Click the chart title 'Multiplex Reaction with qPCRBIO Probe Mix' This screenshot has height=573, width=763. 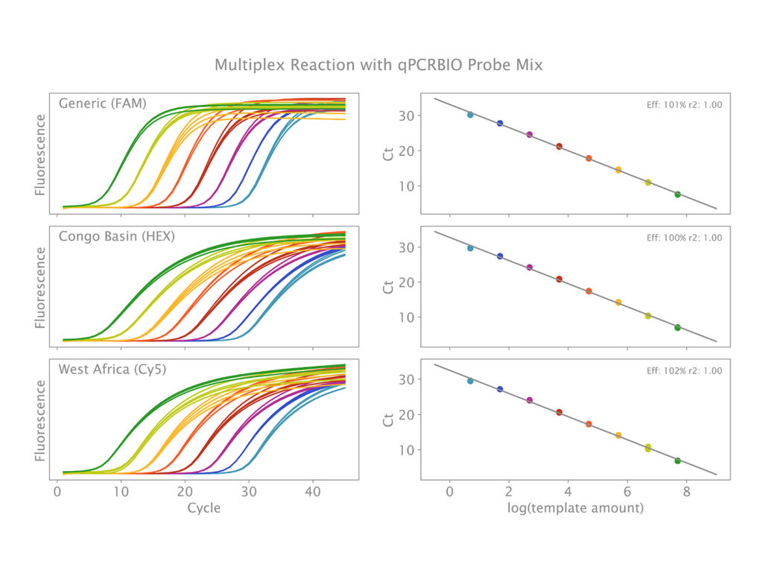click(x=379, y=65)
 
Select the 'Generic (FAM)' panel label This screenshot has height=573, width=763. click(x=104, y=104)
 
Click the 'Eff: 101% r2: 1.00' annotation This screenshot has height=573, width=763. click(x=684, y=105)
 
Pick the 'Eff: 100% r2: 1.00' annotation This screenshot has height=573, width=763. click(x=684, y=238)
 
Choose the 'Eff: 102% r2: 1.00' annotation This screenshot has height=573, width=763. click(x=684, y=370)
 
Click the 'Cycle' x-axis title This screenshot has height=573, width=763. click(x=203, y=507)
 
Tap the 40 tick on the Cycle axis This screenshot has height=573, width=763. click(x=313, y=492)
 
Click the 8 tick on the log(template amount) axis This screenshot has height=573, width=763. click(x=686, y=492)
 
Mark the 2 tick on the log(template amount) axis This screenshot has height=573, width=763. click(x=508, y=492)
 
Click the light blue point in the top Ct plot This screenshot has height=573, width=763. click(x=470, y=115)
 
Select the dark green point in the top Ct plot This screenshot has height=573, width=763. click(x=677, y=194)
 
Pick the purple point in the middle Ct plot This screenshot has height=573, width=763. click(x=529, y=267)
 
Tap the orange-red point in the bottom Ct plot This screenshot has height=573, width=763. click(x=589, y=424)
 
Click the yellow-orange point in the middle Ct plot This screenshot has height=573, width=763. click(x=618, y=303)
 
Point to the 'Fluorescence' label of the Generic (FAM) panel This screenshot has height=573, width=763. click(x=41, y=154)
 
